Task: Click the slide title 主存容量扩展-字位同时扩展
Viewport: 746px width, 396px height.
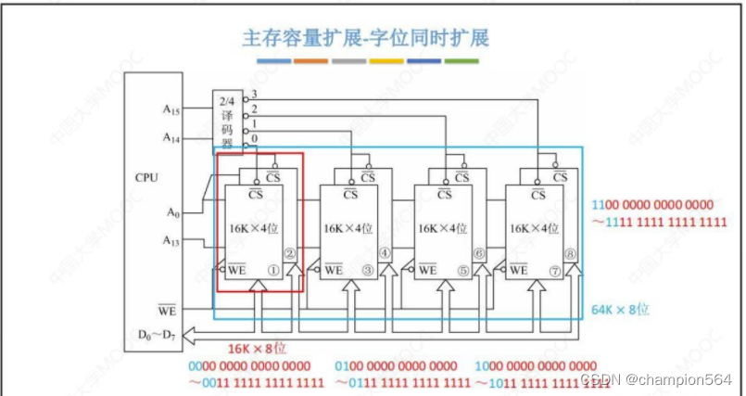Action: coord(365,38)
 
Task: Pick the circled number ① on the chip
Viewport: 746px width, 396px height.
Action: coord(274,270)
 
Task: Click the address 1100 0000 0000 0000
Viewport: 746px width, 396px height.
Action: coord(658,204)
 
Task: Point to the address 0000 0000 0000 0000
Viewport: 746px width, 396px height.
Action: coord(254,365)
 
